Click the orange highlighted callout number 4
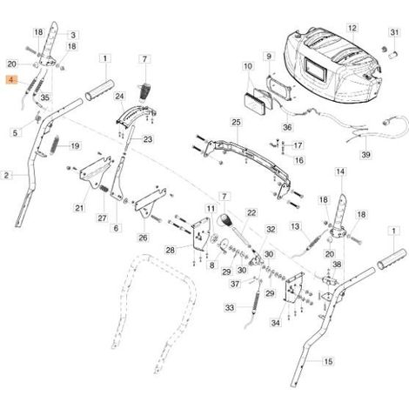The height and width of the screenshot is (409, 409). [11, 80]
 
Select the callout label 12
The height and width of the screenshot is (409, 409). [352, 28]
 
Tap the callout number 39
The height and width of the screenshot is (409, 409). [366, 155]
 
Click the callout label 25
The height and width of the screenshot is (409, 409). [237, 123]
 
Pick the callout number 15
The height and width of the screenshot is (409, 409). [328, 361]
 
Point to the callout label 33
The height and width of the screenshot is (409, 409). [230, 307]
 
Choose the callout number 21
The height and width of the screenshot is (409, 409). [79, 208]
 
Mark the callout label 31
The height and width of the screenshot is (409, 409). [394, 32]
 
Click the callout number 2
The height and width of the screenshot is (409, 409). [6, 175]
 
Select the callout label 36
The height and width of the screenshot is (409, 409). [287, 127]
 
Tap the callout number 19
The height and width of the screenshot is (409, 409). [75, 145]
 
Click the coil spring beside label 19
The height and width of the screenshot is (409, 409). [55, 145]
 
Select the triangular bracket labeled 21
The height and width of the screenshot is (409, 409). [94, 173]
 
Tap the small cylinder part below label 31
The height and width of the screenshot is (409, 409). [392, 54]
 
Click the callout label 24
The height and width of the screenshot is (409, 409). [119, 97]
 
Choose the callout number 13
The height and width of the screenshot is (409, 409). [295, 226]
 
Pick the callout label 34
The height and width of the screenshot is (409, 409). [276, 323]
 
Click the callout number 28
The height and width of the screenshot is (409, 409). [171, 250]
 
